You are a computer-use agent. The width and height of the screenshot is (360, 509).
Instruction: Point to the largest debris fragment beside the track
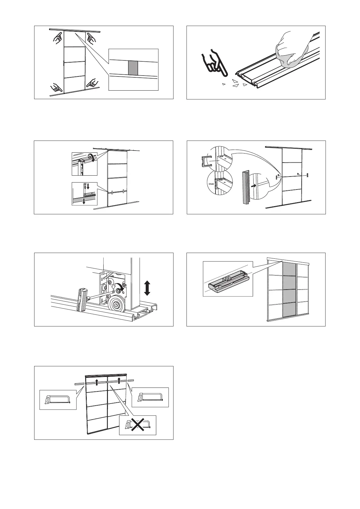235,81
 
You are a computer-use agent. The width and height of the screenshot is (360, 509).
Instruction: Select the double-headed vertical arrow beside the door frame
147,288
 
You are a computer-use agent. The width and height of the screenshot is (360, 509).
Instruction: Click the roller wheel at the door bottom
116,305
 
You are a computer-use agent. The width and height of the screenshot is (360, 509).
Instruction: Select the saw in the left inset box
57,400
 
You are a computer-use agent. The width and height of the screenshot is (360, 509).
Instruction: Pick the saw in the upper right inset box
150,397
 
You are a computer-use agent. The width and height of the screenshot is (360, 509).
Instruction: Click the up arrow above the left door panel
97,382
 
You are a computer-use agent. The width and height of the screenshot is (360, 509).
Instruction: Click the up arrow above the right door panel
119,380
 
